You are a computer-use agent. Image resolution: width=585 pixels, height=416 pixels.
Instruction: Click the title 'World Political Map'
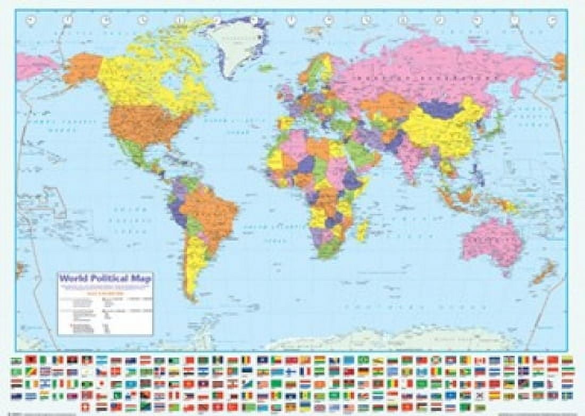105,278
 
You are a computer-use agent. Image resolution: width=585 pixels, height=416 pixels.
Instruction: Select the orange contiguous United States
141,125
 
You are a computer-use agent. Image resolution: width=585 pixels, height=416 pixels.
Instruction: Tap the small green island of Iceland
266,68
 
